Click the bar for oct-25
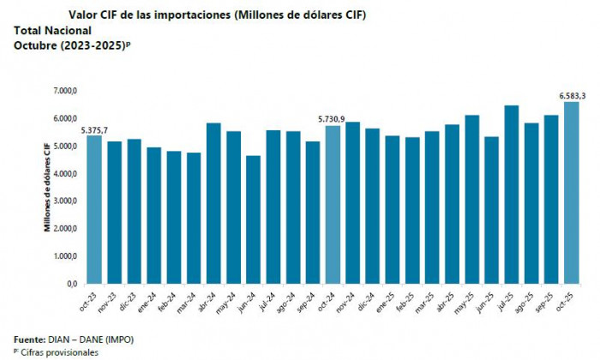pos(571,192)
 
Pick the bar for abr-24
pos(213,202)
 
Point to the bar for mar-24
pos(194,218)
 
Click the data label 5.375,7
pos(94,129)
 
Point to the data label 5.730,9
pos(333,119)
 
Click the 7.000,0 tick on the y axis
pos(65,91)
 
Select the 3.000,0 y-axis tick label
pos(65,201)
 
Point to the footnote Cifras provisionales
pos(58,352)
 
